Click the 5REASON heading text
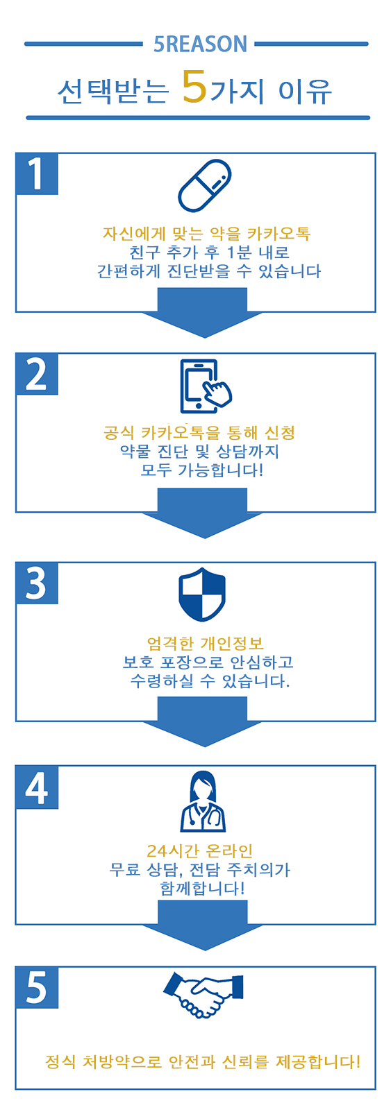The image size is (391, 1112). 200,44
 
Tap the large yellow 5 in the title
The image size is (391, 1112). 194,87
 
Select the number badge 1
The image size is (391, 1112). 37,173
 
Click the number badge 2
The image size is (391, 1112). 37,374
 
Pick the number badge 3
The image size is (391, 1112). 37,583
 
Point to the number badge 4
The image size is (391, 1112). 37,787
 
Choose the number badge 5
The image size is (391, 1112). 37,987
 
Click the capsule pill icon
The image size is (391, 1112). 205,186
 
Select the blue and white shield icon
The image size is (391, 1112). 201,595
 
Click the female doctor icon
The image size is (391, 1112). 203,801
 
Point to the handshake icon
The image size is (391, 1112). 203,994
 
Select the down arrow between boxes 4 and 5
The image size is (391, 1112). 203,926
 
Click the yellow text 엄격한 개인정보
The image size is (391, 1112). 205,643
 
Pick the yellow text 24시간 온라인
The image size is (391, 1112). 200,851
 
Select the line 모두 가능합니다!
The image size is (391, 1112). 201,470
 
